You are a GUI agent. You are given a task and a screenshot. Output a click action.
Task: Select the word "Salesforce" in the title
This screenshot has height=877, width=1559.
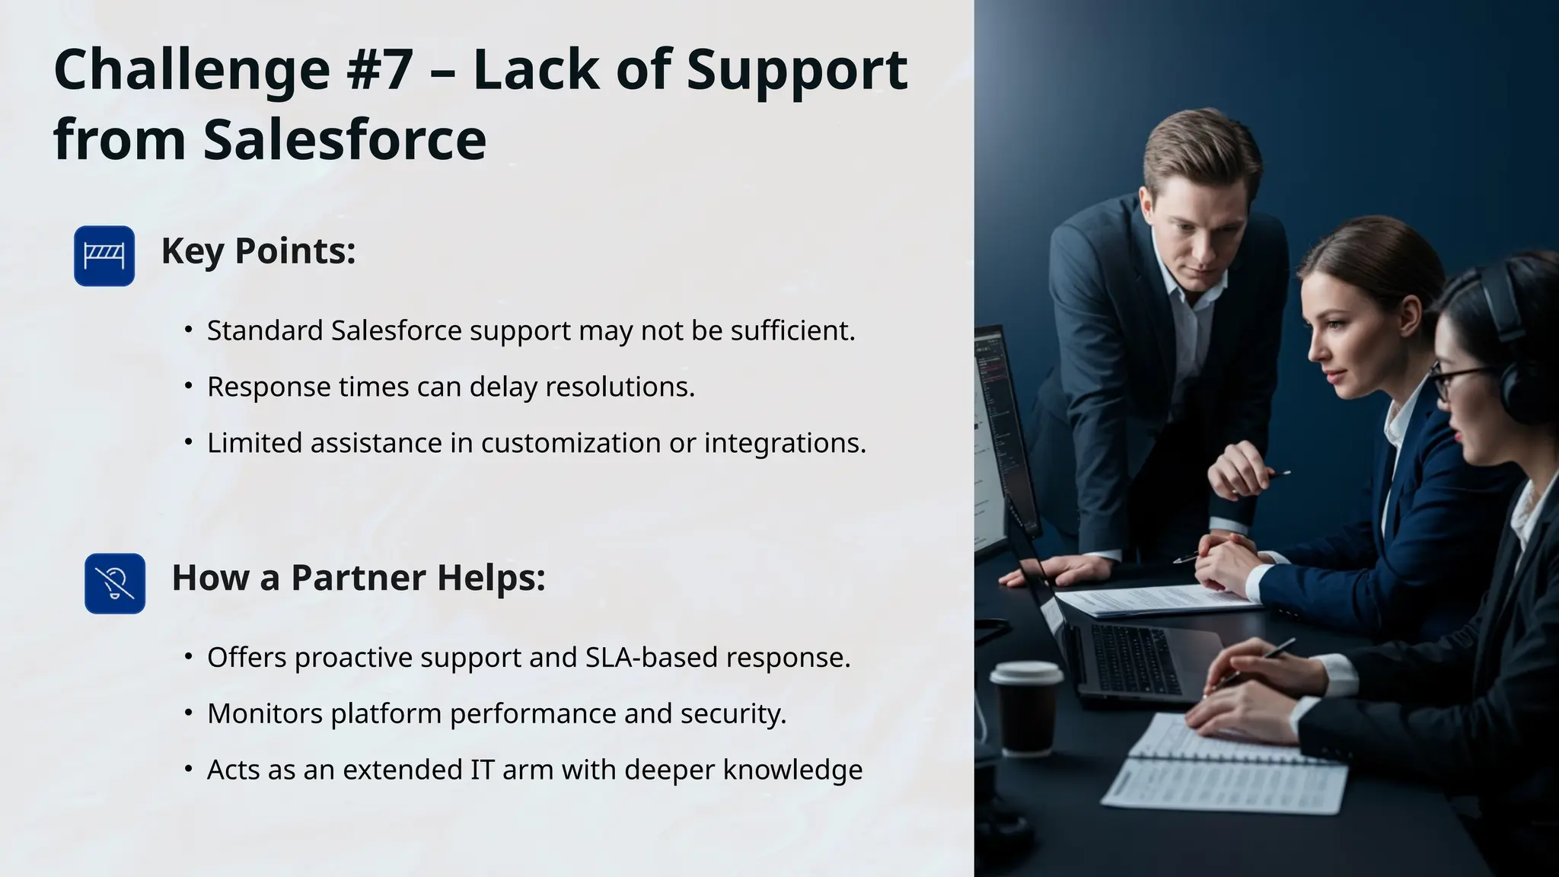coord(345,140)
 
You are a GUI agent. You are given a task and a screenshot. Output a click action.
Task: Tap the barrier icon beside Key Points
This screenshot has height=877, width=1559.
coord(104,256)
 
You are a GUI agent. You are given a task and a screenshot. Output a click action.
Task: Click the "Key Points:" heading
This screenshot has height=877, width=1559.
coord(258,251)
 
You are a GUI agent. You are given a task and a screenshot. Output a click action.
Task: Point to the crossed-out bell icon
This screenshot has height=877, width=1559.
coord(115,584)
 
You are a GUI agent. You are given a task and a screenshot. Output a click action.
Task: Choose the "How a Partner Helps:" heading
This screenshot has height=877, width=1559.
coord(359,578)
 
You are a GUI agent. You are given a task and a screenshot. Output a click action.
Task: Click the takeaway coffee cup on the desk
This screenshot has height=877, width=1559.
coord(1026,708)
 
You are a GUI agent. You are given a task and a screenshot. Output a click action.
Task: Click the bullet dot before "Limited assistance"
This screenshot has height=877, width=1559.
coord(189,442)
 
